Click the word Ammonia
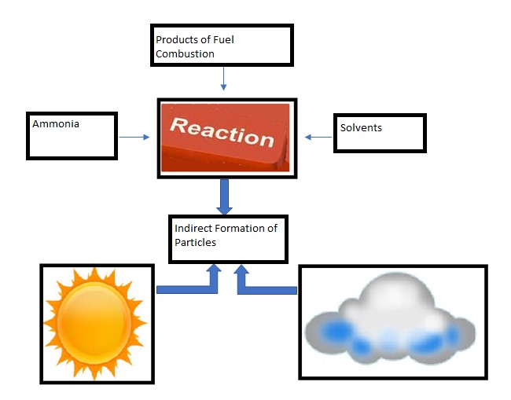coord(56,124)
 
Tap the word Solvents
coord(361,127)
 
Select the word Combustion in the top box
coord(185,53)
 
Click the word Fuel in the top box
coord(223,40)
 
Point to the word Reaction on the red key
coord(222,132)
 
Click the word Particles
coord(195,242)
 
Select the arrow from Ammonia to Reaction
coord(134,138)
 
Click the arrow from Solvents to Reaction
coord(318,138)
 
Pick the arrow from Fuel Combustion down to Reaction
coord(223,79)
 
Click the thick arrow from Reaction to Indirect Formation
coord(224,196)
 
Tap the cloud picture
coord(390,320)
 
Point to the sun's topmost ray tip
coord(94,268)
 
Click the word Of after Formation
coord(272,229)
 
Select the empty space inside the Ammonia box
coord(72,143)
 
